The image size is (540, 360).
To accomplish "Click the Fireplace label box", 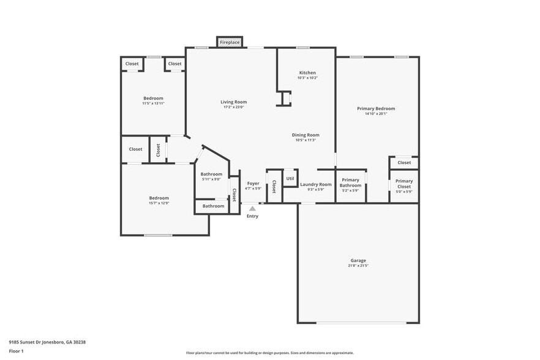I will point(230,42).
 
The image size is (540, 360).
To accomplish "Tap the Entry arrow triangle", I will point(252,209).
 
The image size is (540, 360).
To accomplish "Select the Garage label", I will point(358,260).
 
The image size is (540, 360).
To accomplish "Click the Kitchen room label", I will point(307,73).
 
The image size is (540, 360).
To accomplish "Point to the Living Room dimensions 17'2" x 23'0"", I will point(233,107).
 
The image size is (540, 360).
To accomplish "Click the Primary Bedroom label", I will point(376,108).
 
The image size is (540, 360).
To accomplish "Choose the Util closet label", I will point(290,178).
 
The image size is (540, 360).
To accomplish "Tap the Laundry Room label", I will point(316,184).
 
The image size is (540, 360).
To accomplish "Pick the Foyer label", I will point(253,183).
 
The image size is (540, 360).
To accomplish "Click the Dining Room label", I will point(306,135).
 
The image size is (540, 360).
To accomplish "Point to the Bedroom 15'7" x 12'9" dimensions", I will point(159,203).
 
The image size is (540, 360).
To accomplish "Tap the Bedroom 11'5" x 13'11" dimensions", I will point(153,103).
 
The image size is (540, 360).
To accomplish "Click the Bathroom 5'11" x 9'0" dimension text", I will point(211,179).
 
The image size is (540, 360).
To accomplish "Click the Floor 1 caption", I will point(16,351).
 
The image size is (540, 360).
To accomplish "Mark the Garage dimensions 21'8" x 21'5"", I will point(358,266).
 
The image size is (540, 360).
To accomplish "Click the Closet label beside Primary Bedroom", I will point(404,162).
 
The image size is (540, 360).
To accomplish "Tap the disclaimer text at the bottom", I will point(270,353).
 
